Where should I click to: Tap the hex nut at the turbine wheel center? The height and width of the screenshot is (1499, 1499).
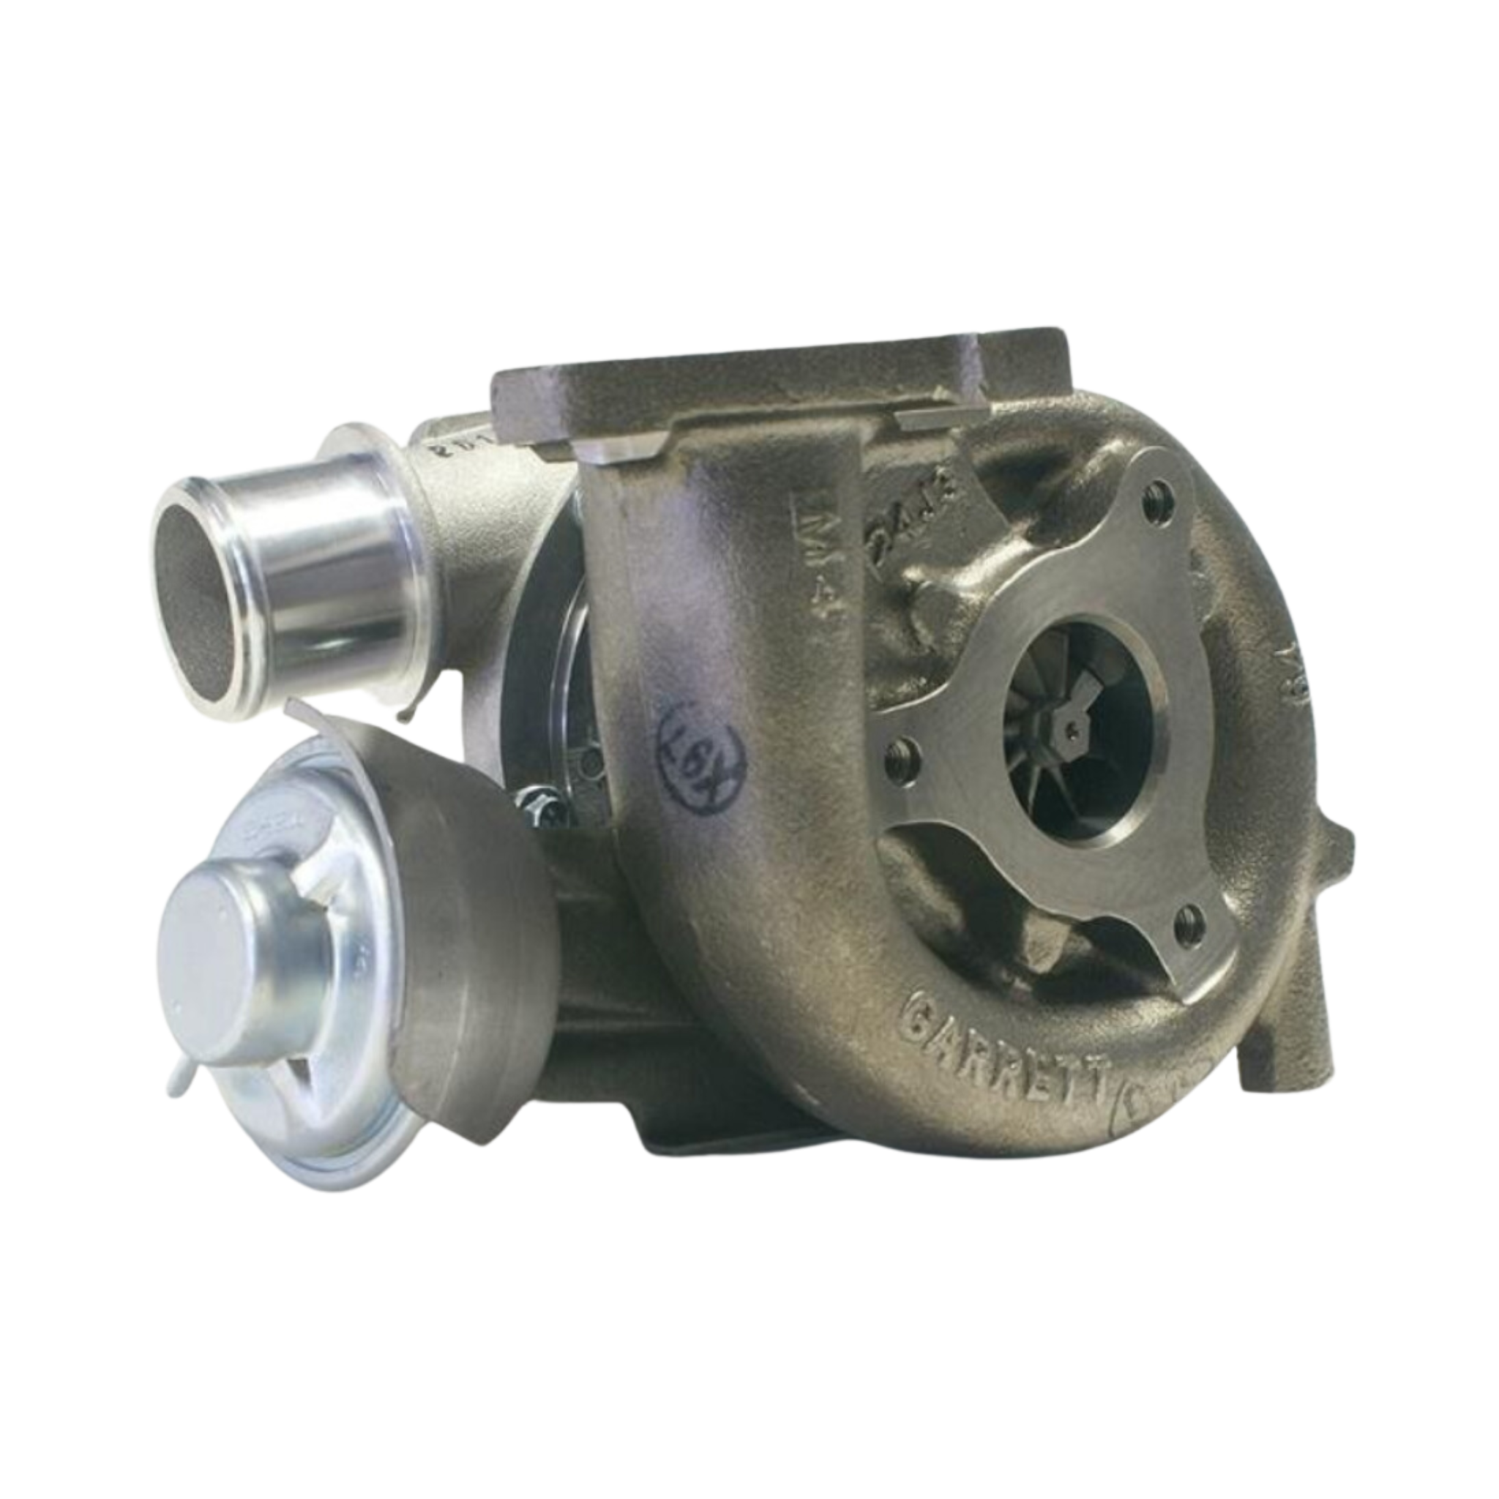(1069, 727)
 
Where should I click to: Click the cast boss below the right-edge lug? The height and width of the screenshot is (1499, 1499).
(1272, 1032)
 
